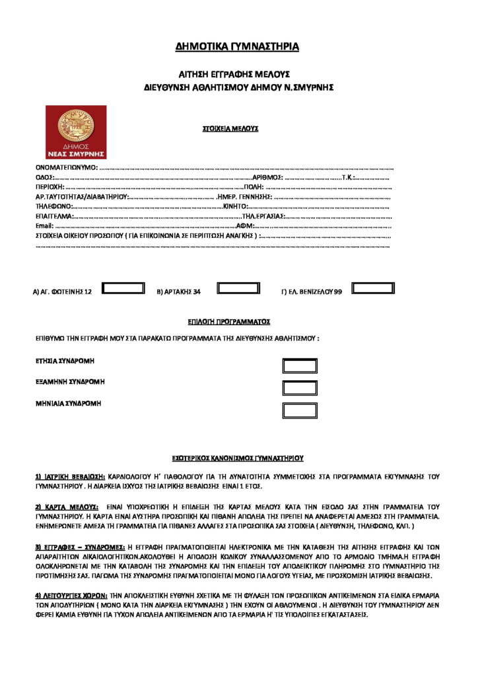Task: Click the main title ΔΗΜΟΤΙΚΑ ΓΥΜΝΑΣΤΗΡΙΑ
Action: pos(237,47)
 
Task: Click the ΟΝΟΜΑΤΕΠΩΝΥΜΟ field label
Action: pos(66,167)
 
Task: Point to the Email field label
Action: pos(44,225)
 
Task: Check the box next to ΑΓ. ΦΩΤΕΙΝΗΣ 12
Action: pos(123,288)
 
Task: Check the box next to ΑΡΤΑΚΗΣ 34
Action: pos(238,288)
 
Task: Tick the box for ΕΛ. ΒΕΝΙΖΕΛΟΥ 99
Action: pos(372,288)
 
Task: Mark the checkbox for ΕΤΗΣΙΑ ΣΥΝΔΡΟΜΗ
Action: pos(300,366)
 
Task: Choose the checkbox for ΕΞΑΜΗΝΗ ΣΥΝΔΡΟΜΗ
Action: pos(300,388)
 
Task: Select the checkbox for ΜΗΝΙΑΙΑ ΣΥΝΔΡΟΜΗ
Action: pos(300,410)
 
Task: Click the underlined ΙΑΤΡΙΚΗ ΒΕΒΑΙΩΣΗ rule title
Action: pos(70,476)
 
